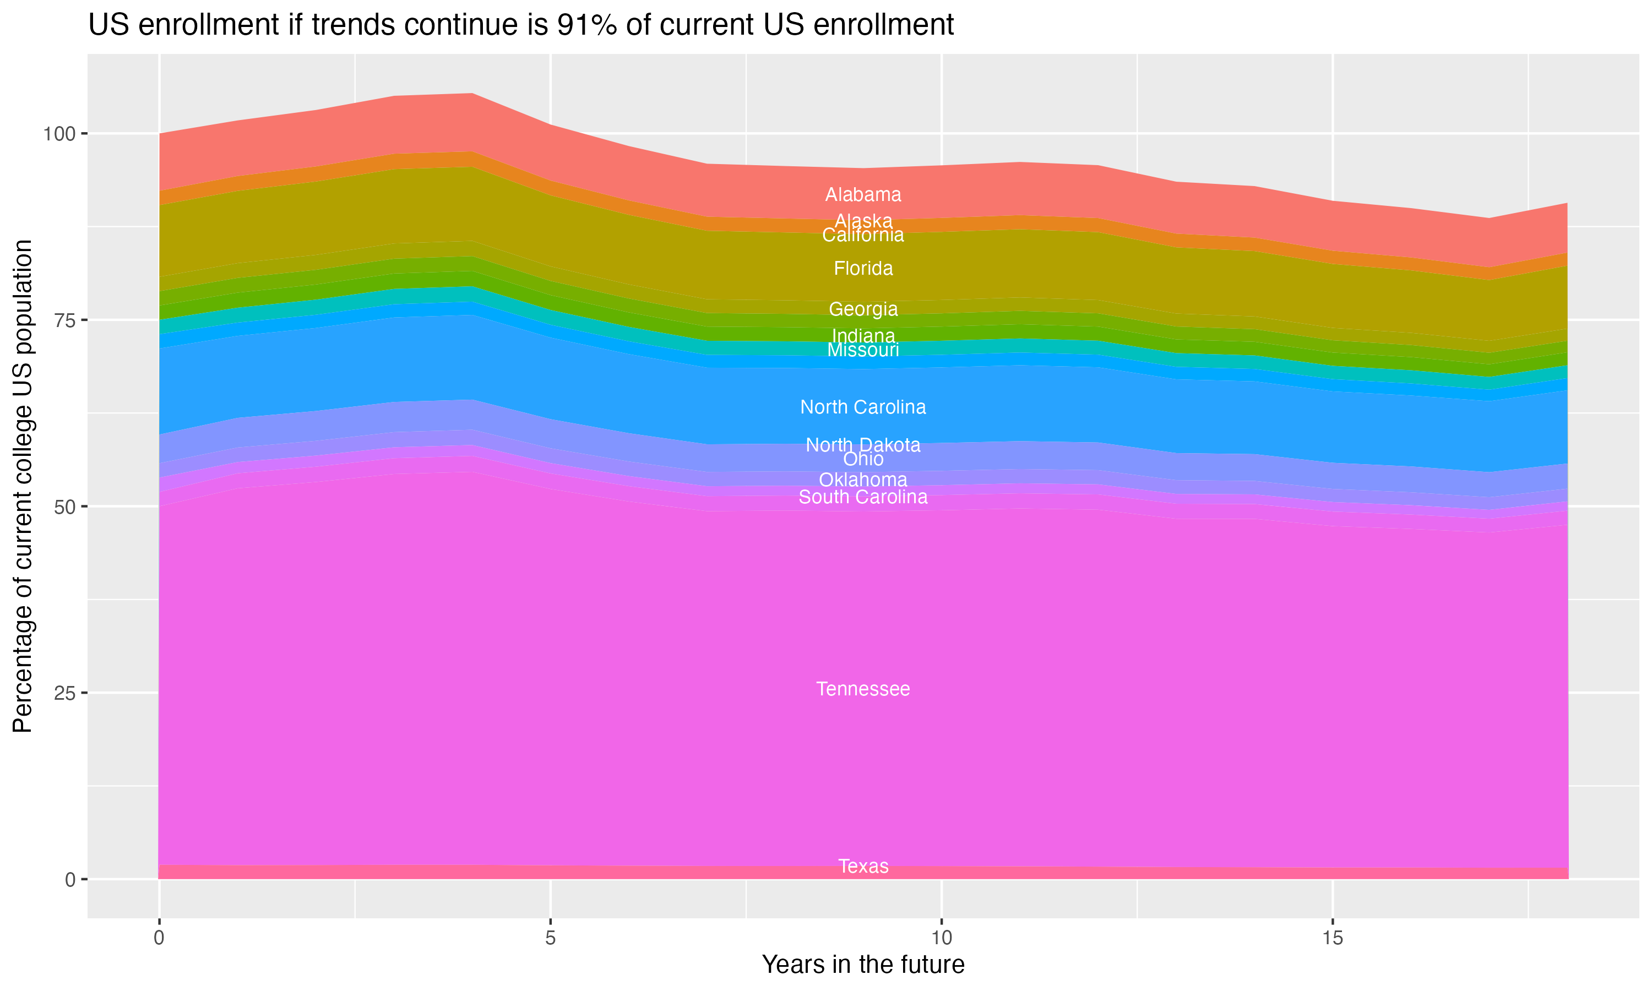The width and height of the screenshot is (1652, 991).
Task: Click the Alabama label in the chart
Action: [x=863, y=195]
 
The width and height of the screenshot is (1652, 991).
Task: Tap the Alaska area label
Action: [x=863, y=220]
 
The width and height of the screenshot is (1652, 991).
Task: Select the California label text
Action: [x=863, y=236]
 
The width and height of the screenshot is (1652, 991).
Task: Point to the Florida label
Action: [x=863, y=269]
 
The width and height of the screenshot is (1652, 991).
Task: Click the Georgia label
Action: [x=863, y=309]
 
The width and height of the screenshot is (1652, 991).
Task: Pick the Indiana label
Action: [x=863, y=335]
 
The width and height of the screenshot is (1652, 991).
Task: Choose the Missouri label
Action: [x=863, y=351]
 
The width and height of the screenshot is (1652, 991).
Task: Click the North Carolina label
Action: [x=863, y=407]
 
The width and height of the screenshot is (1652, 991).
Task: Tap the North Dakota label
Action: [x=863, y=445]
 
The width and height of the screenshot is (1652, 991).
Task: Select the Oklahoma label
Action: [x=863, y=480]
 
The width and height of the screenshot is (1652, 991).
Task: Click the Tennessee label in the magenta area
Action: [x=863, y=689]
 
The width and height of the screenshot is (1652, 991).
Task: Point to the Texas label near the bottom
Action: [x=863, y=867]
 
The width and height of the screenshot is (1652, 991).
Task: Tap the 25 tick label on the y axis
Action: [x=63, y=693]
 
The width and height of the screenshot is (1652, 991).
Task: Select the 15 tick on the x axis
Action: [x=1332, y=938]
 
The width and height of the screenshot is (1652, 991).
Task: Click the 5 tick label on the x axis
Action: [x=550, y=938]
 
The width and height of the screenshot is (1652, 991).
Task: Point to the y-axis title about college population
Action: [x=23, y=486]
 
